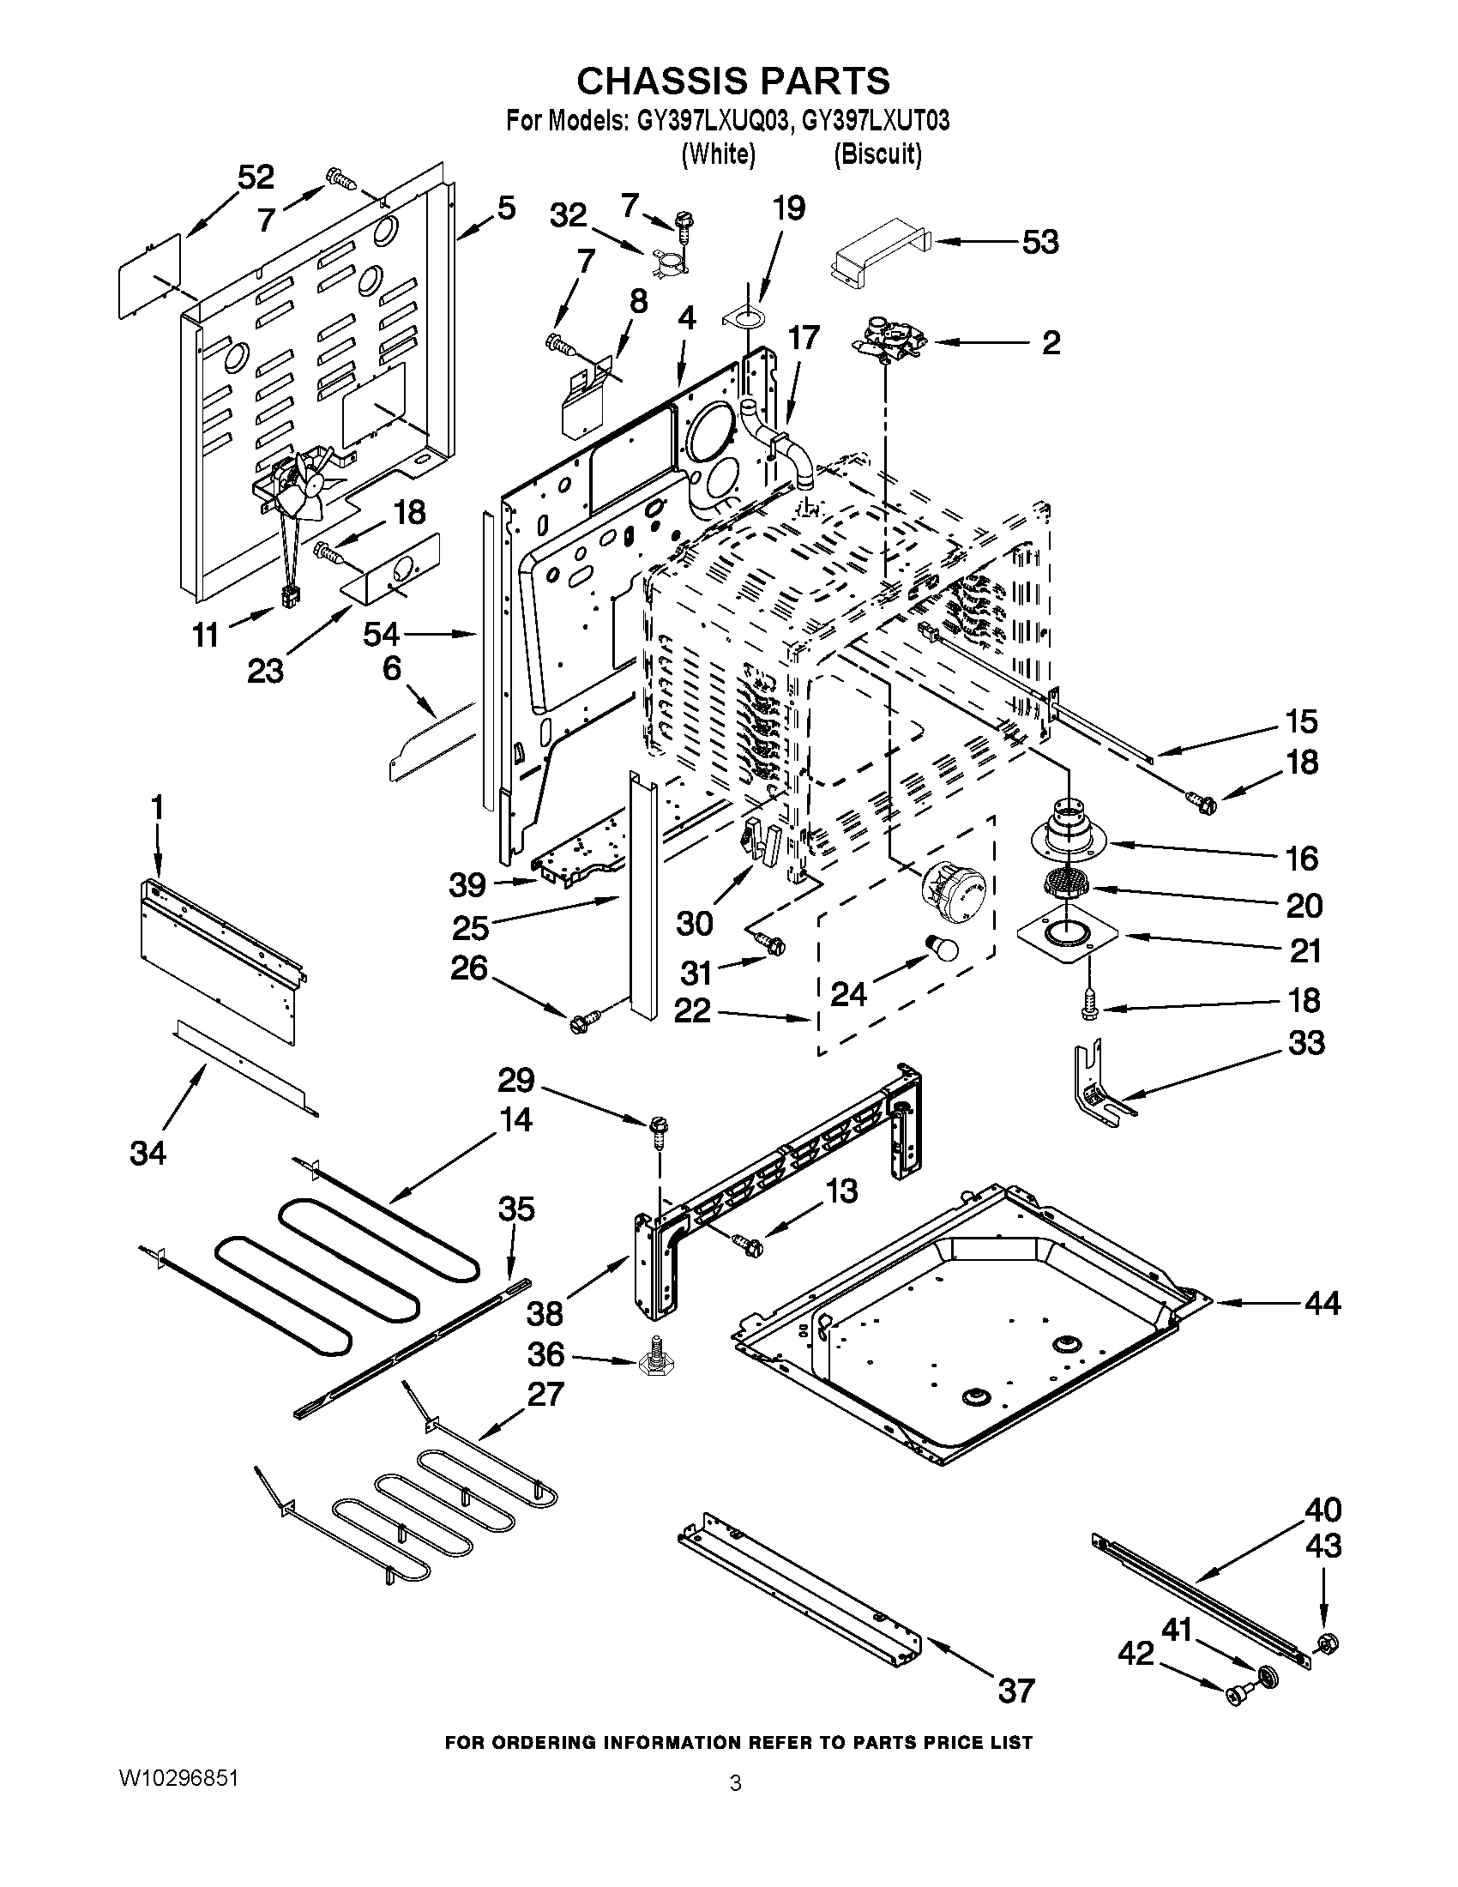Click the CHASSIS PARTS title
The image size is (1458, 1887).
tap(732, 81)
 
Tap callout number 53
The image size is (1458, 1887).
tap(1040, 242)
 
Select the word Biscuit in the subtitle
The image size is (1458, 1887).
tap(877, 154)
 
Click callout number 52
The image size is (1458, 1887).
tap(256, 178)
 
